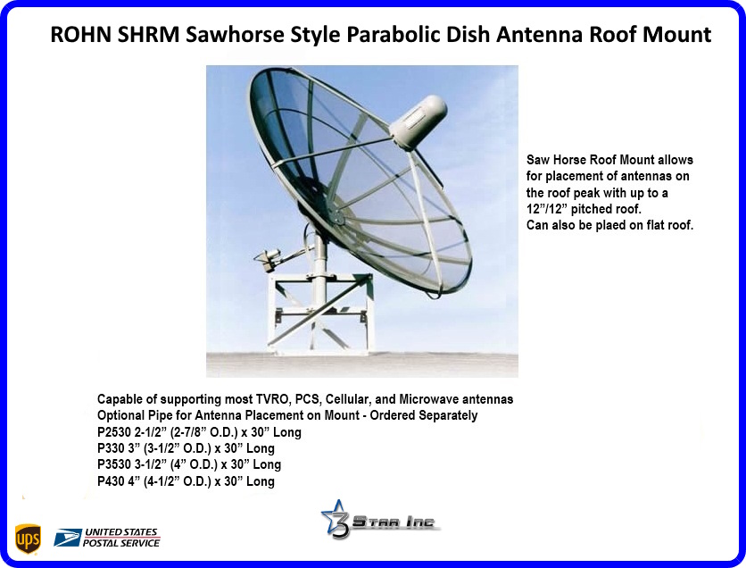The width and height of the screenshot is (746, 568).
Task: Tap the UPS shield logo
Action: coord(28,539)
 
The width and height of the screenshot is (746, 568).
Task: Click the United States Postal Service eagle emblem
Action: coord(67,538)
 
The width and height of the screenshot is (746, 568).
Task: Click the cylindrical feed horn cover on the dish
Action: coord(419,121)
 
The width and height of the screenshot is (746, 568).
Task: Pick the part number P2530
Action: coord(113,432)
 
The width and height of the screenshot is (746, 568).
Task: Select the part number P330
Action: coord(111,448)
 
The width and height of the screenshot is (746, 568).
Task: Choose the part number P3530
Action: coord(113,464)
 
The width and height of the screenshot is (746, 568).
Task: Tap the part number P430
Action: coord(111,481)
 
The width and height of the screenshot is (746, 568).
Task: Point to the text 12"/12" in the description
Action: coord(547,209)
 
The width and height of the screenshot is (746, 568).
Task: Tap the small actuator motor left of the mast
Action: coord(269,258)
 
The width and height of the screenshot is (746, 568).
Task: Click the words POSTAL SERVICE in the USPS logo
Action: coord(121,543)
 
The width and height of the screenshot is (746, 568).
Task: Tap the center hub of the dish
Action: coord(336,218)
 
